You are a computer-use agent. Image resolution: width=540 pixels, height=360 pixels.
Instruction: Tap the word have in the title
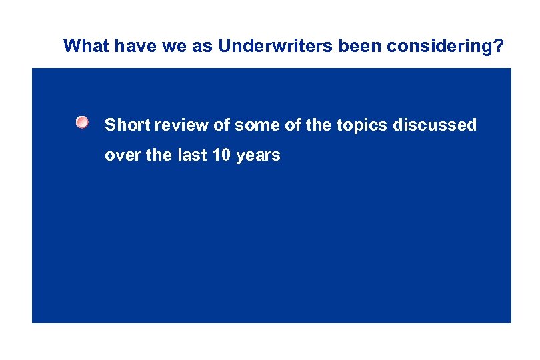point(122,46)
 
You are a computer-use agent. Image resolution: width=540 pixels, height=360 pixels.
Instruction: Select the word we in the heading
point(155,46)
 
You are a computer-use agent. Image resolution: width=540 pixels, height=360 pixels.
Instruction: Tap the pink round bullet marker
point(81,122)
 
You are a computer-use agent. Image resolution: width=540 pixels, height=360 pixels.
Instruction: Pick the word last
point(189,156)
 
